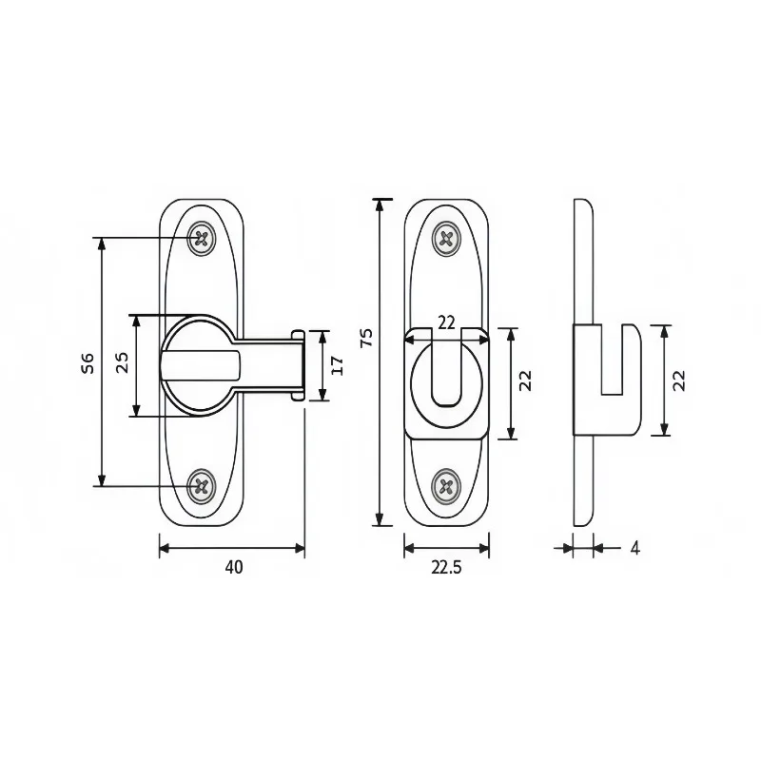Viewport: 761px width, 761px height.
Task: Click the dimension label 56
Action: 88,363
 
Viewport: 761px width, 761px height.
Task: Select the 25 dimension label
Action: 123,362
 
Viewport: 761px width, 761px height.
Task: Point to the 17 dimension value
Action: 338,365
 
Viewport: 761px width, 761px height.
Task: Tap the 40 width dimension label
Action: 234,567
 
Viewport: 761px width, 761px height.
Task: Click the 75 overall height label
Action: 366,338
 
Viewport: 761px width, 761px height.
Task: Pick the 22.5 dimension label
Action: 446,567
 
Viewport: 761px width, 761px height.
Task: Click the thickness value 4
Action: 634,548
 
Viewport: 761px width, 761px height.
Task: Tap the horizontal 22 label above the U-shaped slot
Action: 446,322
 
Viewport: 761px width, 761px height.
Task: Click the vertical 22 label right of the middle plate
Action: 525,380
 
